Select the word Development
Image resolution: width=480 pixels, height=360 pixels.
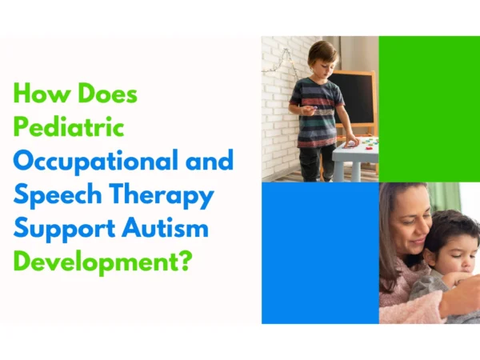96,262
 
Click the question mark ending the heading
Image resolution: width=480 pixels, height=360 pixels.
186,262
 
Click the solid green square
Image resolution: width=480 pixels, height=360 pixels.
429,109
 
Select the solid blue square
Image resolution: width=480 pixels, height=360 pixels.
320,253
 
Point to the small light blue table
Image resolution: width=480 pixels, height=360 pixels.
352,156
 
